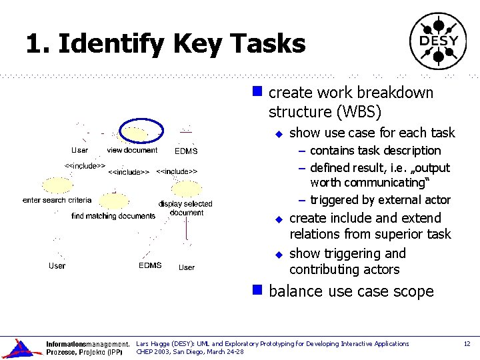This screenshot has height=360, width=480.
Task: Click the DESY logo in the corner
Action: click(438, 41)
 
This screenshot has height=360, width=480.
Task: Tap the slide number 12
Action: click(467, 343)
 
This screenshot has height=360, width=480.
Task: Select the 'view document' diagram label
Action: click(132, 150)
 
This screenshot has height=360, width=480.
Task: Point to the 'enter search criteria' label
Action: click(57, 200)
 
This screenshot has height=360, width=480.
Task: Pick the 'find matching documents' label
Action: click(113, 216)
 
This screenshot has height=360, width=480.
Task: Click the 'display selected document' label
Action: click(186, 208)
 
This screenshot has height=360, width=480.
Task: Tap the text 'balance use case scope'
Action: click(351, 291)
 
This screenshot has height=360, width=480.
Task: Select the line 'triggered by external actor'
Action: click(380, 200)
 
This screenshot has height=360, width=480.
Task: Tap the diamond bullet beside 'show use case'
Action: click(280, 133)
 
